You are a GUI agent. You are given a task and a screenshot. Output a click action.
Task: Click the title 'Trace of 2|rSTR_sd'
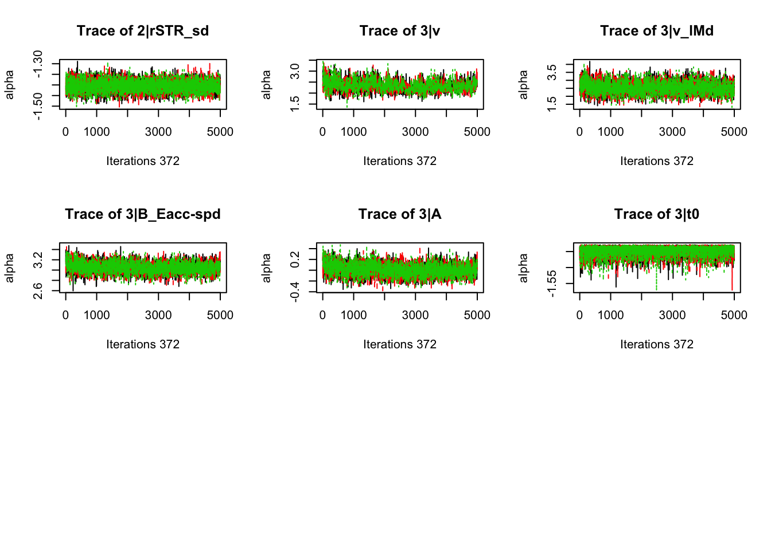143,31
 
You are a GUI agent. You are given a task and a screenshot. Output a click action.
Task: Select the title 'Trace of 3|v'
400,31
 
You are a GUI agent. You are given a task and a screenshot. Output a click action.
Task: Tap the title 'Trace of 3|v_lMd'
657,31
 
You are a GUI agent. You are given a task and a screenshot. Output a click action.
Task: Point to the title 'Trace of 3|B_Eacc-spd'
143,214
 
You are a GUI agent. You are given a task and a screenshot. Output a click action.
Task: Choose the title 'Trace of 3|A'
400,214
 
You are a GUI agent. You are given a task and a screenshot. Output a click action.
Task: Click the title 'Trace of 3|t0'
657,214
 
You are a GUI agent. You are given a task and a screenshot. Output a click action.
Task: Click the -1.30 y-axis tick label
38,64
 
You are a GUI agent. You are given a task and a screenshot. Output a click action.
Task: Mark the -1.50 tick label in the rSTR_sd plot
38,107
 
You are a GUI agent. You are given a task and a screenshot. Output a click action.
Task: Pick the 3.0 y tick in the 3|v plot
295,72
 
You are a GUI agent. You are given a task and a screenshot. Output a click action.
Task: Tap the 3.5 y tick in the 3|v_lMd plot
552,73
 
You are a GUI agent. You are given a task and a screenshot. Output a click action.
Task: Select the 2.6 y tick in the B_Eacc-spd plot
38,291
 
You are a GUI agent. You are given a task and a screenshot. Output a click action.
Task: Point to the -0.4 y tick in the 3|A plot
295,292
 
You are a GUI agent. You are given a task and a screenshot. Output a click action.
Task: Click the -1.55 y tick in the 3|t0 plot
552,284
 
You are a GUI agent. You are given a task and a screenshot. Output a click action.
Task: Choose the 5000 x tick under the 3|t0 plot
734,315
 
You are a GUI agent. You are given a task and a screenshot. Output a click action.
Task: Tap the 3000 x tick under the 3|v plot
415,132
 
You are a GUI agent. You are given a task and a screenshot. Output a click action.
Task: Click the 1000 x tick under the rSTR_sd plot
96,132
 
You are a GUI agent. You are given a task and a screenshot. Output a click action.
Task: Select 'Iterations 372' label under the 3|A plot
400,344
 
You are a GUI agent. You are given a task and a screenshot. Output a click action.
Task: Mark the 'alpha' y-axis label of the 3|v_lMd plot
523,84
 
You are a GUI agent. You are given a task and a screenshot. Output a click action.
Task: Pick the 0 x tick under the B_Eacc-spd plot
65,315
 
